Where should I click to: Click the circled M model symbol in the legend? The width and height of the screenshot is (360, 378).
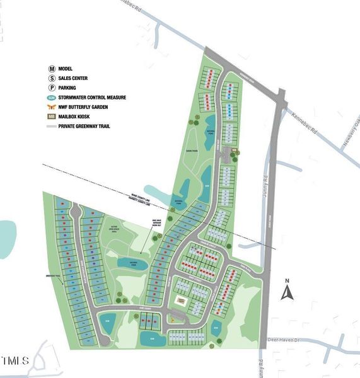[x=52, y=69]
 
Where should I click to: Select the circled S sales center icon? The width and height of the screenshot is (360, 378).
[x=52, y=78]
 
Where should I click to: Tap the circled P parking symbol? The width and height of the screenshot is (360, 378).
[x=52, y=88]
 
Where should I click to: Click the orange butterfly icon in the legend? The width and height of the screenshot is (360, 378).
[x=52, y=107]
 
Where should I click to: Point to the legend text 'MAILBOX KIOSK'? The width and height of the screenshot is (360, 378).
[x=76, y=117]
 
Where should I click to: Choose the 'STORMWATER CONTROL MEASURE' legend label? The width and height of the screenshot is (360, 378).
[x=92, y=98]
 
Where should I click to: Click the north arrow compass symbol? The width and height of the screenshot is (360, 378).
[x=287, y=291]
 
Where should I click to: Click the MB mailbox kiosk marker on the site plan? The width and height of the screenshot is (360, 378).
[x=235, y=150]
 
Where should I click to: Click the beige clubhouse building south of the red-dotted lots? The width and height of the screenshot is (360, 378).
[x=181, y=302]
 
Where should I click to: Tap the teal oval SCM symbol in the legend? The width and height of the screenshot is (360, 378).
[x=52, y=98]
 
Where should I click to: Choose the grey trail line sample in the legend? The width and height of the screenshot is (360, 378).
[x=52, y=126]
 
